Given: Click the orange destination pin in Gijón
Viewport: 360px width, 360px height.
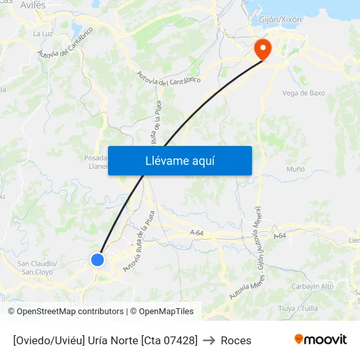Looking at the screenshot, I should (x=263, y=48).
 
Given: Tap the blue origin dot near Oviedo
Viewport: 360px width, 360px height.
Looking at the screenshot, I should (x=98, y=260).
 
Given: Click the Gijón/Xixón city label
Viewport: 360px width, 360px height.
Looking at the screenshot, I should (x=280, y=20).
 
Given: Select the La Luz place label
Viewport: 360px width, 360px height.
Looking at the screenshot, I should (x=43, y=33).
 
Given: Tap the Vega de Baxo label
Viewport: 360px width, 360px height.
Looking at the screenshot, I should (x=303, y=93).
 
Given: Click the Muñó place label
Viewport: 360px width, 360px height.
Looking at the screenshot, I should (x=296, y=169).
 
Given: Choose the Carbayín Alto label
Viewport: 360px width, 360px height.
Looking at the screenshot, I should (x=312, y=287).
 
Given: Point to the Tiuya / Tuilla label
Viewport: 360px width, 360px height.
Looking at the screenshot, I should (x=298, y=308).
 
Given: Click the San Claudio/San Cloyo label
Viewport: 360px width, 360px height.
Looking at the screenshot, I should (x=37, y=268).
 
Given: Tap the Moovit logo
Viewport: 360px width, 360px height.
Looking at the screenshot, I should (x=321, y=339).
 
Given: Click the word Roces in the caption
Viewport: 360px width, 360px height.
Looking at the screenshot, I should (x=236, y=340).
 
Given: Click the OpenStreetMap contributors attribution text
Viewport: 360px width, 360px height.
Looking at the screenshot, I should (x=70, y=312).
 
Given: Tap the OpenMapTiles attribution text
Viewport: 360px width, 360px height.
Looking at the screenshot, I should (x=166, y=312).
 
